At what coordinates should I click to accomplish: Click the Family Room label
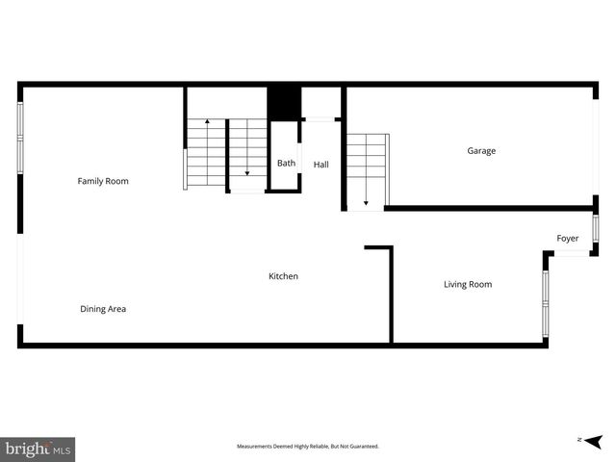click(103, 181)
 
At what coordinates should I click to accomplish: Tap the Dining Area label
click(103, 309)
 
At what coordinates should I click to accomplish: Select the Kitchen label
click(283, 276)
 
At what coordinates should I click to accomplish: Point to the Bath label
click(287, 164)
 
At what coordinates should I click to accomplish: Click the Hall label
click(321, 165)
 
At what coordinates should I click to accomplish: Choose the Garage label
click(481, 151)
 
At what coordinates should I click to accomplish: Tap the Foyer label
click(568, 239)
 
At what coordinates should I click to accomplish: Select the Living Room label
click(468, 284)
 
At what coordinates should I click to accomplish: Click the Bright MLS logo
click(38, 449)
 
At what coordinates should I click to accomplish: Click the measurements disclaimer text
click(308, 447)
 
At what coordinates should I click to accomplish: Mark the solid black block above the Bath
click(284, 103)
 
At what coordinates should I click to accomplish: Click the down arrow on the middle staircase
click(247, 171)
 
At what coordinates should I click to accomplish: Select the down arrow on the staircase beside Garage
click(366, 202)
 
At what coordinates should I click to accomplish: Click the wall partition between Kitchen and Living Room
click(391, 294)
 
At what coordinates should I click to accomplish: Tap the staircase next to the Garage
click(367, 170)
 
